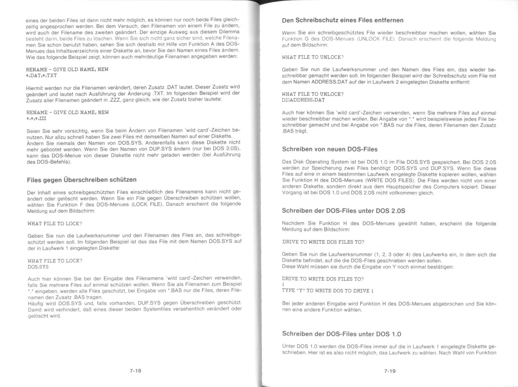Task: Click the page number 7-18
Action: coord(135,371)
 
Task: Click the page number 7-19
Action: coord(389,371)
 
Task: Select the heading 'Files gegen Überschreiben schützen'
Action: coord(82,180)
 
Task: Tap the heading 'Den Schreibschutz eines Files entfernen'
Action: coord(343,20)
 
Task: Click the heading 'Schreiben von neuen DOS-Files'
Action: coord(330,149)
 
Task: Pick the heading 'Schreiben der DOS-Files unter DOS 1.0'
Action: coord(341,334)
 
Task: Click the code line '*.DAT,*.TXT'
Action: coord(41,75)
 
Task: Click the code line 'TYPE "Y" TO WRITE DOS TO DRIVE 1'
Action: coord(328,291)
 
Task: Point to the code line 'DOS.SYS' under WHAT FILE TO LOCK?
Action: coord(38,267)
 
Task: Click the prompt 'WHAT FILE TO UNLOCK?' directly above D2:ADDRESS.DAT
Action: coord(313,94)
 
